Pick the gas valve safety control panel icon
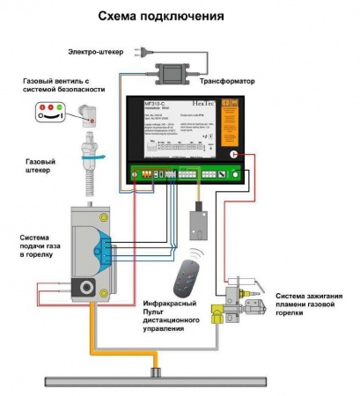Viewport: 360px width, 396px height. pos(50,112)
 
